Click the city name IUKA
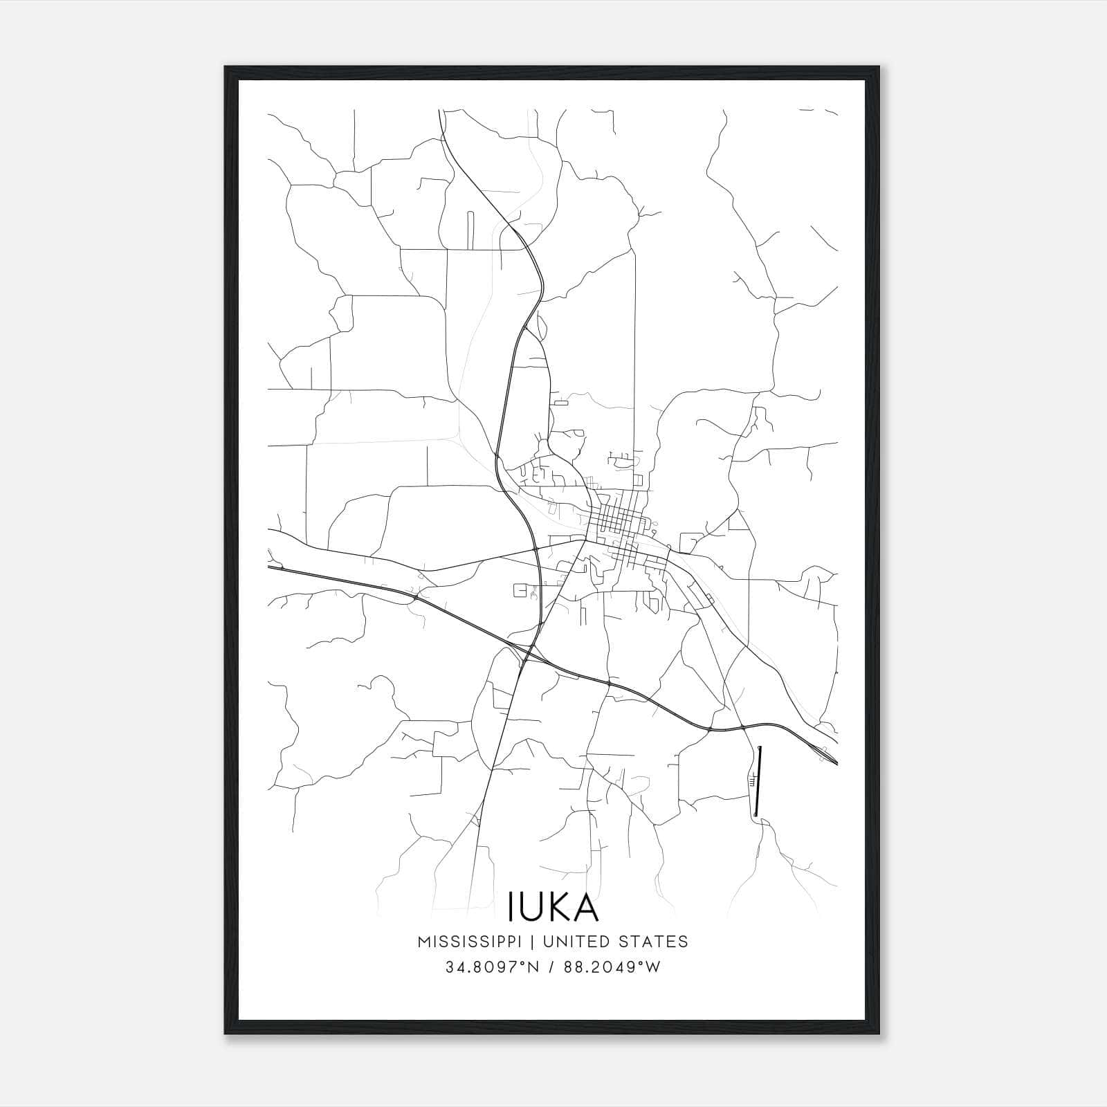click(x=553, y=906)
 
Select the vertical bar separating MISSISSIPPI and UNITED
click(x=533, y=942)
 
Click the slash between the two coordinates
click(x=550, y=967)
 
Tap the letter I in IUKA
click(x=511, y=906)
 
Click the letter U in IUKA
click(x=531, y=906)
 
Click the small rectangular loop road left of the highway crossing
click(x=520, y=590)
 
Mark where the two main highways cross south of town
click(x=529, y=652)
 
